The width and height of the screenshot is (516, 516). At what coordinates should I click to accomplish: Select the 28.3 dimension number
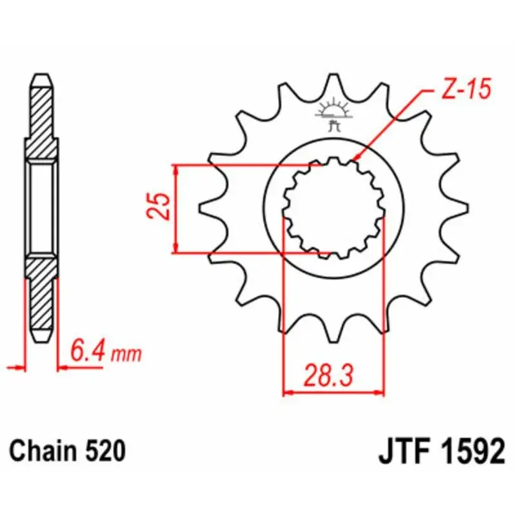coord(328,375)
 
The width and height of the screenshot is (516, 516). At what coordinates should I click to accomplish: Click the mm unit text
coord(126,354)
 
